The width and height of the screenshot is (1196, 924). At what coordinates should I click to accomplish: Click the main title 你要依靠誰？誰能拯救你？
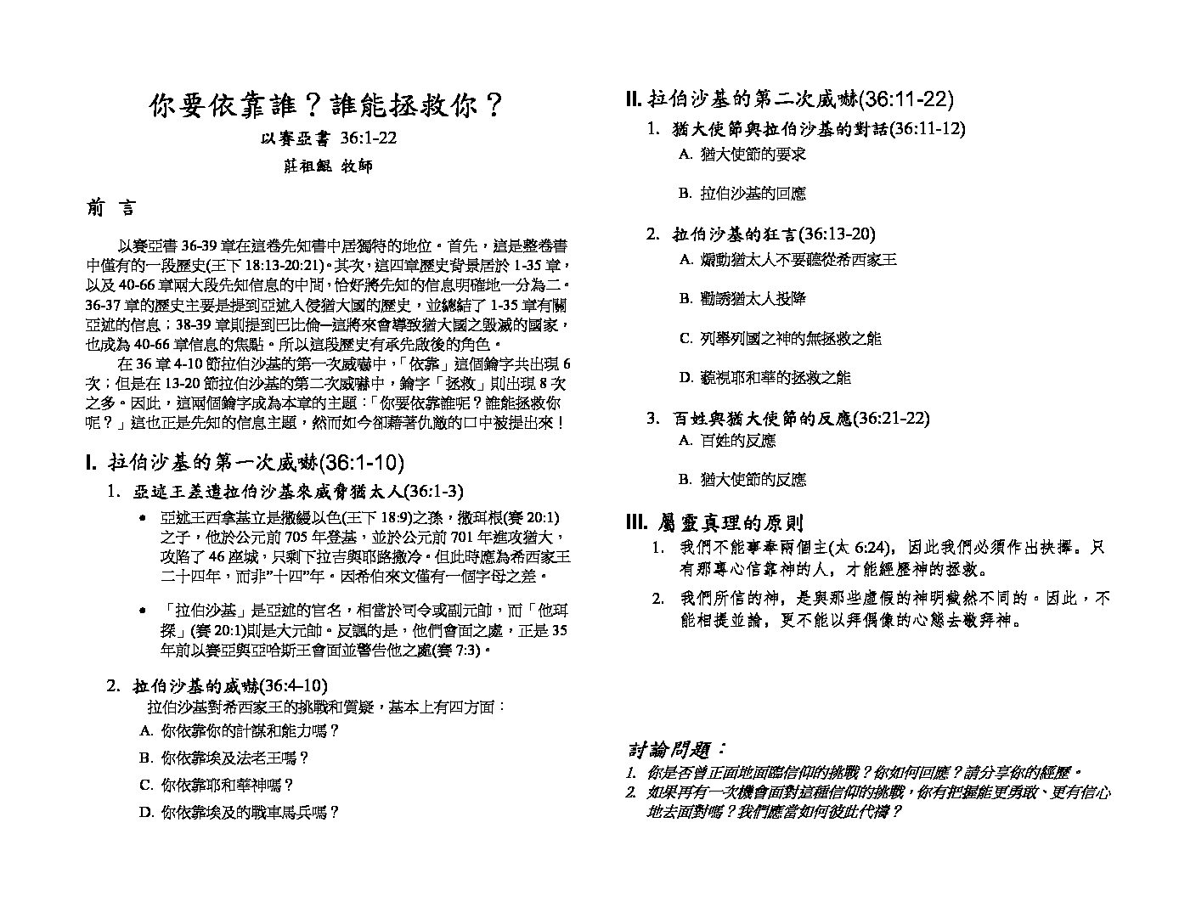[327, 106]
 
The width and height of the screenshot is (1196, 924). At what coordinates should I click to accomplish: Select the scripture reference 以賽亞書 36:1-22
[328, 139]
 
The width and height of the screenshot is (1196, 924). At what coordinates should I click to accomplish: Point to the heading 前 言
[110, 209]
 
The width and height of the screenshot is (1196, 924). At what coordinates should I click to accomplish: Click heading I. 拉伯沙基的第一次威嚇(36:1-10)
[245, 463]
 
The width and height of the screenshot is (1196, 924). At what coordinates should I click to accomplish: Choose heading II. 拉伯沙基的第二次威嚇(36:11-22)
[789, 99]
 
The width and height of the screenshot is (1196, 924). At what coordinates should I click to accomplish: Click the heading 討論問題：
[676, 749]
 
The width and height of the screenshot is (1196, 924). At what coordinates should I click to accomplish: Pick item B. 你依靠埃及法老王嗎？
[223, 758]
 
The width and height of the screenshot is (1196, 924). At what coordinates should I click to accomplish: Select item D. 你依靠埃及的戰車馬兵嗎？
[240, 812]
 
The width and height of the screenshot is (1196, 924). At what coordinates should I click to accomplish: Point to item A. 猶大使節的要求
[742, 154]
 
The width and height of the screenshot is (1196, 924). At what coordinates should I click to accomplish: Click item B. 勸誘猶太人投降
[742, 298]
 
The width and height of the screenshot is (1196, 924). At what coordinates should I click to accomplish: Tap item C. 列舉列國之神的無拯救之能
[780, 338]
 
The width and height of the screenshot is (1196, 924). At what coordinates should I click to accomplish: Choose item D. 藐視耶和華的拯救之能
[764, 377]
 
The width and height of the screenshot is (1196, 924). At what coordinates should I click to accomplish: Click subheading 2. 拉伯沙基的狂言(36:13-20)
[760, 234]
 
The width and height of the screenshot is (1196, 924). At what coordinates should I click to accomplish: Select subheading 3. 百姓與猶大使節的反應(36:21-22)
[787, 418]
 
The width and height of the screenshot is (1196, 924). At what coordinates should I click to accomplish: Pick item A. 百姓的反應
[727, 440]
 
